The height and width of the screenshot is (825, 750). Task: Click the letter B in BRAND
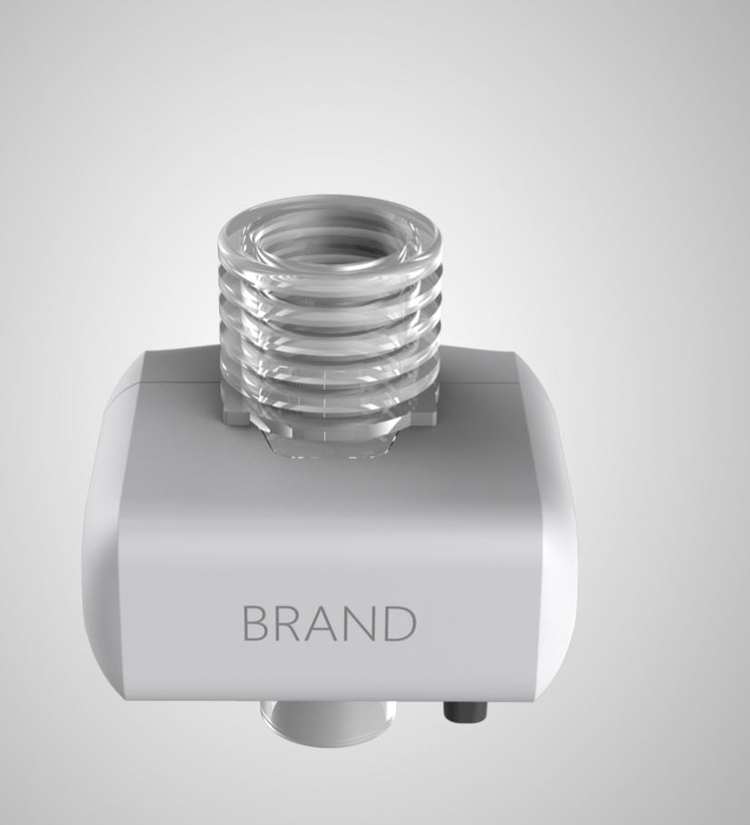(257, 623)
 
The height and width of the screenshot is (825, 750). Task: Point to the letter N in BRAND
(362, 623)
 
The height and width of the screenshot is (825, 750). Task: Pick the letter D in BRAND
(400, 623)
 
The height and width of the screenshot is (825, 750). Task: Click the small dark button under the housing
(466, 711)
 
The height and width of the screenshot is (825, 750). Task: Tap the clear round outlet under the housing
(329, 720)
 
